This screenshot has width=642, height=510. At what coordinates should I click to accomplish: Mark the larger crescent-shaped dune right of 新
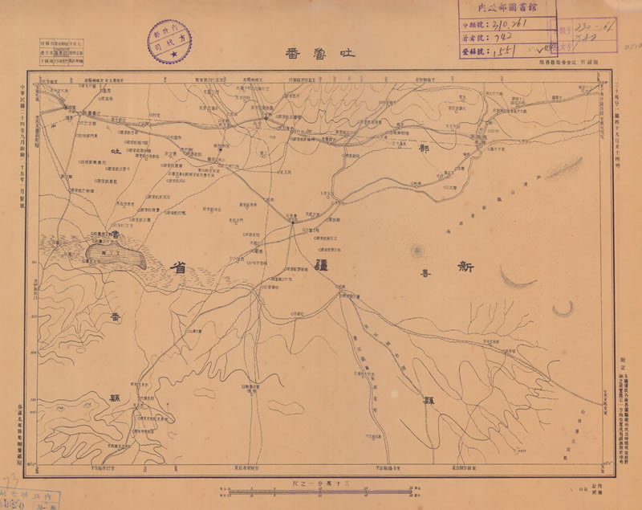[518, 278]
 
